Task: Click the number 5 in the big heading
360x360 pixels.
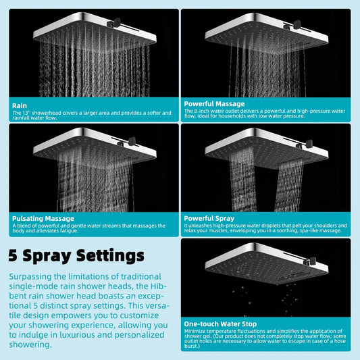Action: (14, 256)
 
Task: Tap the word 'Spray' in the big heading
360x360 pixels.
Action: (49, 256)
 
